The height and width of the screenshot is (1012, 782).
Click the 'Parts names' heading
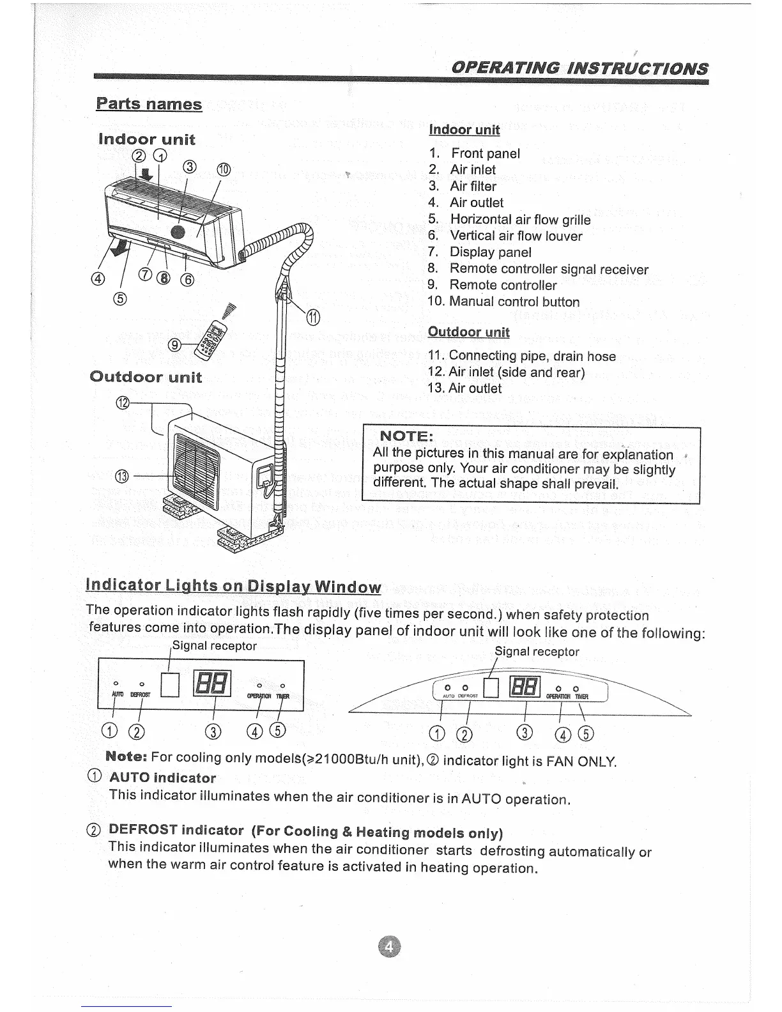coord(149,104)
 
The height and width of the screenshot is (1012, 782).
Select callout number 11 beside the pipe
coord(312,317)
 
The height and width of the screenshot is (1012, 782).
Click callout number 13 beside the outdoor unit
coord(122,476)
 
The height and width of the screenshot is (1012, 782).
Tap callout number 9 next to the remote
coord(174,346)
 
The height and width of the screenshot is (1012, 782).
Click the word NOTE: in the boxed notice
coord(408,436)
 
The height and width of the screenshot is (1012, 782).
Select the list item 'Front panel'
coord(486,153)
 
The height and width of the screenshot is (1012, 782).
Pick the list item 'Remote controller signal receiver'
coord(548,269)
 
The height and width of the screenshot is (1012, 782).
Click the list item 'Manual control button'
coord(514,302)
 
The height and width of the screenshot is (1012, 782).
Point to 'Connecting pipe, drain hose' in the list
coord(532,356)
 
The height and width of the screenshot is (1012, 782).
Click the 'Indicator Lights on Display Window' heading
coord(233,586)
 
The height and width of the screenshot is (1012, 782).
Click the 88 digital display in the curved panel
coord(525,687)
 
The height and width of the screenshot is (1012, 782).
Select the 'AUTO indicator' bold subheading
coord(163,778)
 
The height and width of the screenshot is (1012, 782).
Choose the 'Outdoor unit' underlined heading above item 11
coord(468,332)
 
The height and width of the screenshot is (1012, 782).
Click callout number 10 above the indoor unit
coord(223,171)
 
